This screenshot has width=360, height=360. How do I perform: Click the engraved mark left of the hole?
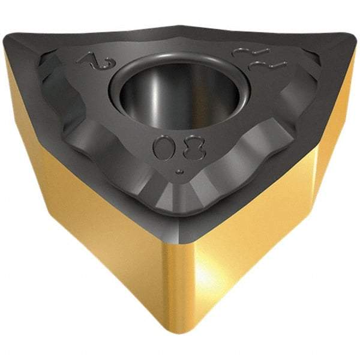pos(90,61)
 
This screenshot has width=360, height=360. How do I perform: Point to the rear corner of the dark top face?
pos(180,27)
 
